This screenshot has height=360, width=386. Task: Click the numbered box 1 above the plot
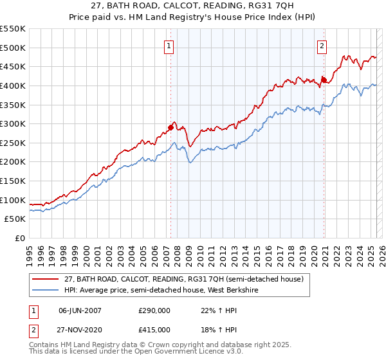click(169, 46)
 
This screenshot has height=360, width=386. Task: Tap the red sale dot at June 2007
click(170, 127)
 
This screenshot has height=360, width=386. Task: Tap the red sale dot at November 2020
click(324, 80)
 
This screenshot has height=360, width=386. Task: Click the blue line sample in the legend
click(45, 290)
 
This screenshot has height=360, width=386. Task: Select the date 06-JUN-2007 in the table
click(80, 310)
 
